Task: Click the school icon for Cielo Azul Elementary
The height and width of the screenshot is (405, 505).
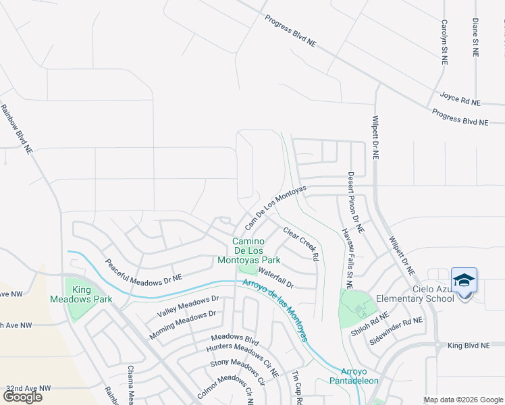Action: [x=464, y=280]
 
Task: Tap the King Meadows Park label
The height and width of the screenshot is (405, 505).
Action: [x=82, y=294]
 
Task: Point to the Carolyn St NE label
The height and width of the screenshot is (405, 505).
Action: [x=444, y=41]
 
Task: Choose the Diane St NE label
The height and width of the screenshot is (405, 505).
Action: [x=475, y=38]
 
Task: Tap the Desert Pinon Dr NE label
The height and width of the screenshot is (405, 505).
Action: [x=356, y=202]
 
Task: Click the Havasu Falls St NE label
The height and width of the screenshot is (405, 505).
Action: [x=346, y=253]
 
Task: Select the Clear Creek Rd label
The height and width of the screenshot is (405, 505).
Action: [x=300, y=244]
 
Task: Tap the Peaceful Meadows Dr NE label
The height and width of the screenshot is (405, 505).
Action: [x=143, y=269]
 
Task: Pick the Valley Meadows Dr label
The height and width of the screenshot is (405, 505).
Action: [x=188, y=306]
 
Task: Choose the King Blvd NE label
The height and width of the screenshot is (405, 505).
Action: [x=469, y=346]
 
